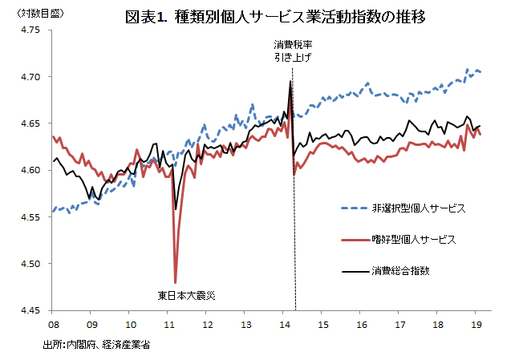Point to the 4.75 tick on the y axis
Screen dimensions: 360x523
tap(30, 30)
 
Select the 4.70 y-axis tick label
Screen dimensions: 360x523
tap(30, 77)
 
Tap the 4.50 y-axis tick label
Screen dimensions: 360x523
tap(30, 264)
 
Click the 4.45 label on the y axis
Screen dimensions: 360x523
tap(30, 310)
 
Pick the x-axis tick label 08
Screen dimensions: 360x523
tap(53, 324)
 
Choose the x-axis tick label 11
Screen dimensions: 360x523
tap(169, 324)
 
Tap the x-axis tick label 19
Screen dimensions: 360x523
tap(477, 324)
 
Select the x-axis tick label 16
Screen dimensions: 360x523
tap(362, 324)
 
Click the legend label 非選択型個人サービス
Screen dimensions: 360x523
tap(418, 208)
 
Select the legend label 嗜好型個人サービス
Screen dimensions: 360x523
tap(413, 239)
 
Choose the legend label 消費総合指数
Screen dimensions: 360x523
tap(402, 270)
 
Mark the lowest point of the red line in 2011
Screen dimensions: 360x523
tap(175, 281)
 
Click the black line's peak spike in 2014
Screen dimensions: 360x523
tap(290, 81)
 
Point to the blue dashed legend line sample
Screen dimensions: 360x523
tap(353, 208)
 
